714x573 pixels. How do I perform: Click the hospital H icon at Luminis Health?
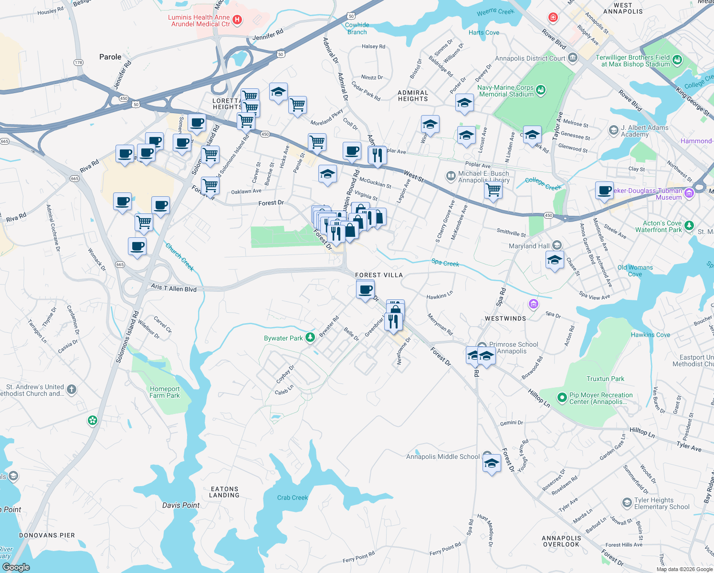pos(237,20)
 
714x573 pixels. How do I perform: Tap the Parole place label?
pos(110,57)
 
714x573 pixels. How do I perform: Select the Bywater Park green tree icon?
pos(310,338)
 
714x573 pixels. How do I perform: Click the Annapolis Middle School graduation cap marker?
pos(491,463)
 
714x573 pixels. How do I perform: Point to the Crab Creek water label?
pos(292,498)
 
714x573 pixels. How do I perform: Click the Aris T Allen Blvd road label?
pos(174,288)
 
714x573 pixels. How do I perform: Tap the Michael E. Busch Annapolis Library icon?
pos(451,176)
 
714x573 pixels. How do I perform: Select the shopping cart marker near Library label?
pos(493,190)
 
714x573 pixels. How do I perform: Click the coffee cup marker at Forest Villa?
pos(366,290)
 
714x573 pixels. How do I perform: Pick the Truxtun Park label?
pos(605,379)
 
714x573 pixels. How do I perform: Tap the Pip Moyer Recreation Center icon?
pos(562,397)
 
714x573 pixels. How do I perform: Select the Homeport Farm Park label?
pos(165,392)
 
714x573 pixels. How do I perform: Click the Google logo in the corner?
pos(16,567)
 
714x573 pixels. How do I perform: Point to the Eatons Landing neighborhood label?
pos(224,492)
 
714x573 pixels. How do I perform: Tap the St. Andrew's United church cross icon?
pos(71,390)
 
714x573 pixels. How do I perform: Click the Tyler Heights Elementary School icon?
pos(627,503)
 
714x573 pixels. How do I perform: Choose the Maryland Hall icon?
pos(556,245)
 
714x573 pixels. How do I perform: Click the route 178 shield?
pos(78,63)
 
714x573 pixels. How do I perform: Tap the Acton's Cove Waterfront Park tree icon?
pos(689,225)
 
